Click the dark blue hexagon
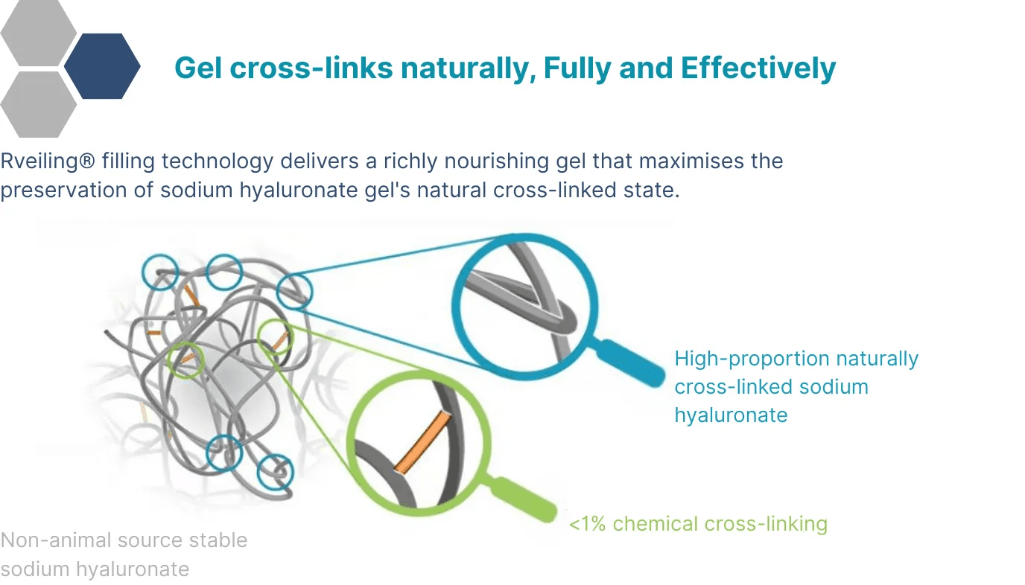pos(102,66)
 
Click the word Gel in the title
pos(197,68)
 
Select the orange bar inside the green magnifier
pos(422,443)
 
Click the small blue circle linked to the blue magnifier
pos(294,291)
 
